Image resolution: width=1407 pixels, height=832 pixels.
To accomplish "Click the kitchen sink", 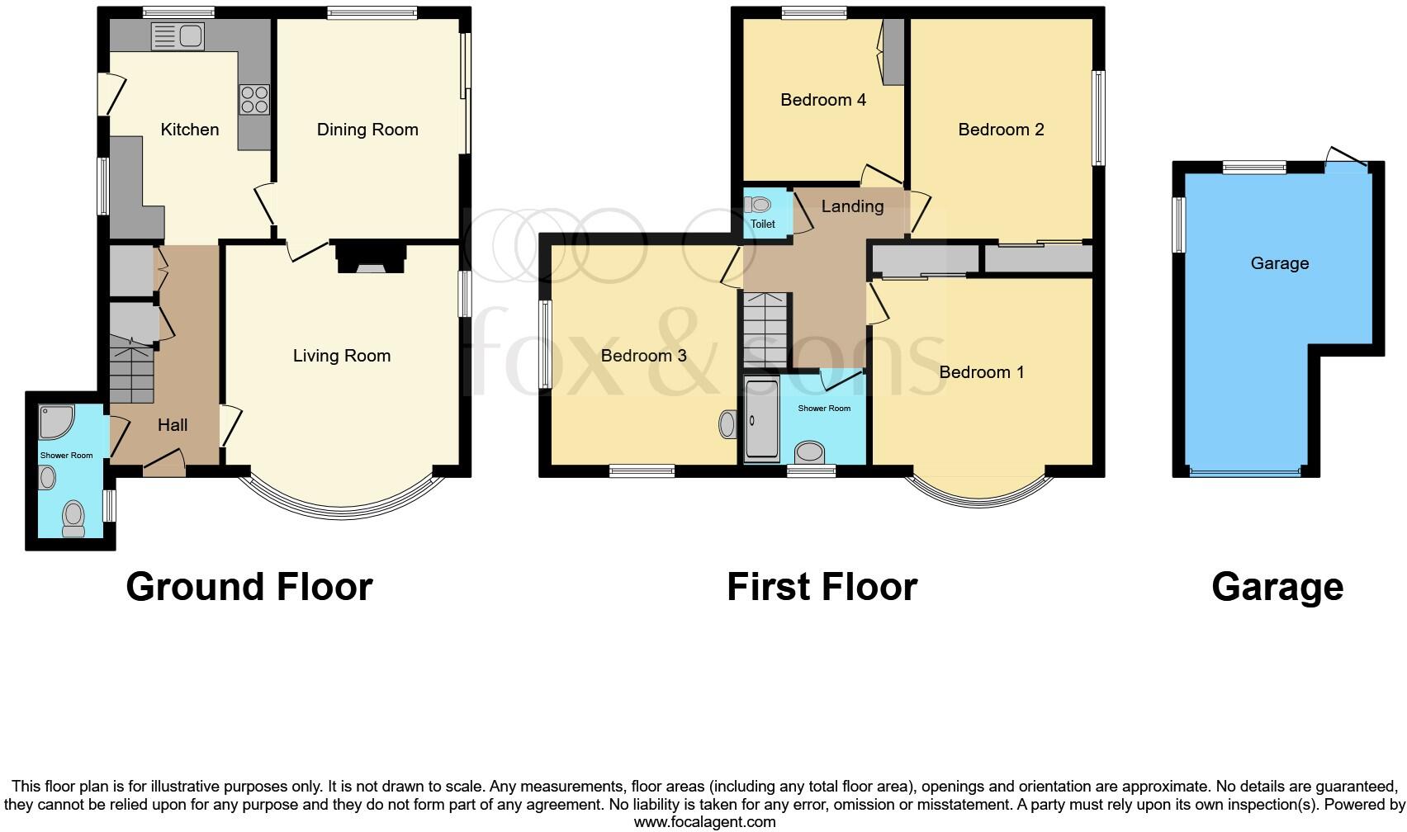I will pos(178,35).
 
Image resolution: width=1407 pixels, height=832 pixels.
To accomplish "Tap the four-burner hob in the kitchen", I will pos(254,99).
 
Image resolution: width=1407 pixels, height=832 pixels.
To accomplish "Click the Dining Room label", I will pos(367,130).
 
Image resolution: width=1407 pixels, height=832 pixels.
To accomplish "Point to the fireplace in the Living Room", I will pos(371,258).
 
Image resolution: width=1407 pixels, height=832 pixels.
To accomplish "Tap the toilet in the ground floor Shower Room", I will pos(73,518).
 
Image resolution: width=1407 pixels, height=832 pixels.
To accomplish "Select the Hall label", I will pos(173,425).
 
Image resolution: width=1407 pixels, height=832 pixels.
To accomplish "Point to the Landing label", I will pos(852,206).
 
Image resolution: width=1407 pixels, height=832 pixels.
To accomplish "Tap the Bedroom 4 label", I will pos(823,100).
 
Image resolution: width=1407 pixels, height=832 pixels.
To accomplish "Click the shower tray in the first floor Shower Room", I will pos(761,419).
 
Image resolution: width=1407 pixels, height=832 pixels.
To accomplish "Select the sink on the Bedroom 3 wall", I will pos(727,424).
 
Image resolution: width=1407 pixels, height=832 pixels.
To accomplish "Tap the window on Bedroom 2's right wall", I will pos(1099,119).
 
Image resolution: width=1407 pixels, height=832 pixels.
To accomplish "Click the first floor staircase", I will pos(766,330).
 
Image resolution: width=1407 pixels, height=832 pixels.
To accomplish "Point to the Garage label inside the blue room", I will pos(1279,263).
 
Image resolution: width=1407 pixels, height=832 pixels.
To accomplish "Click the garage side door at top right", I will pos(1347,160).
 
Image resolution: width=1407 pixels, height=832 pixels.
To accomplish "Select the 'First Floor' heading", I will pos(822,587).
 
